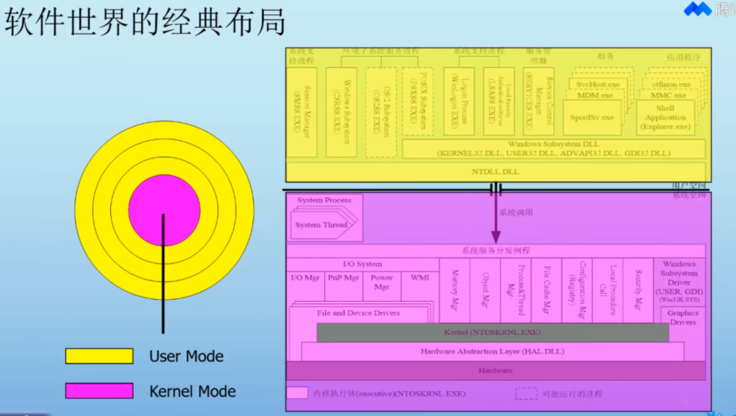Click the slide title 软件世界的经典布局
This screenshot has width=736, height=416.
pyautogui.click(x=145, y=23)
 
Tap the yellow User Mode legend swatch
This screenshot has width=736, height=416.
pyautogui.click(x=99, y=356)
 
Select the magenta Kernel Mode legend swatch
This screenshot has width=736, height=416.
pyautogui.click(x=99, y=391)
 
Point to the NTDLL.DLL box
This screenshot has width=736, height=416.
pyautogui.click(x=495, y=172)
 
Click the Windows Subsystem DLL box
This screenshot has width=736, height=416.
pyautogui.click(x=553, y=149)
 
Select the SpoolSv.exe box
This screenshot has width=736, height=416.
pyautogui.click(x=592, y=117)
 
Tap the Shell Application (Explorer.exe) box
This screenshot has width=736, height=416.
pyautogui.click(x=665, y=117)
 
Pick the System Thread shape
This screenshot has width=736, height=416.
pyautogui.click(x=321, y=225)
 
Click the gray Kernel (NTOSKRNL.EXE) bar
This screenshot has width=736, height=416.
pyautogui.click(x=492, y=332)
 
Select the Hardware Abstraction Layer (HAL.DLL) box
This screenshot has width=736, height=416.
pyautogui.click(x=492, y=351)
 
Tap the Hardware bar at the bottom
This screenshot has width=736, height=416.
pyautogui.click(x=495, y=370)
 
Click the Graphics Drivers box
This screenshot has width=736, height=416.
pyautogui.click(x=682, y=318)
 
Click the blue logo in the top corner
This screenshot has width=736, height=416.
pyautogui.click(x=697, y=9)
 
